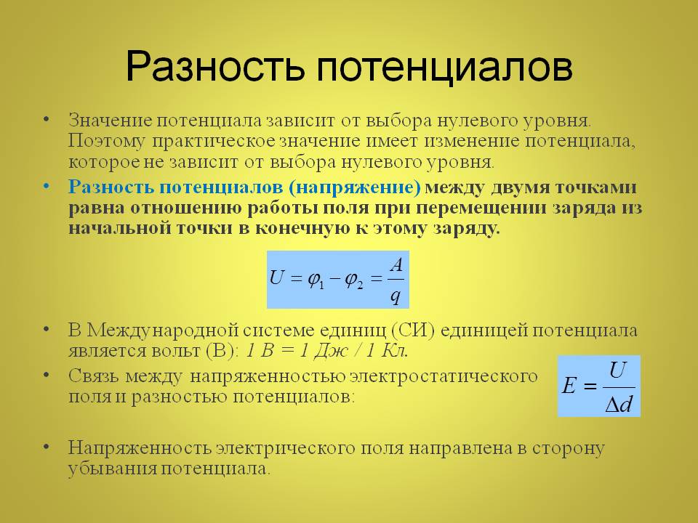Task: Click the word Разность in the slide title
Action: [x=215, y=67]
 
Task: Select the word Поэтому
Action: [x=107, y=142]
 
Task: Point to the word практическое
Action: [x=214, y=142]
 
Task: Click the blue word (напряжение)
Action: [x=355, y=187]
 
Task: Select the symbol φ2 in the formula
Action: [x=354, y=280]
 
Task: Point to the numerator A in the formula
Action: [x=396, y=266]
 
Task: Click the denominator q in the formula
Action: [x=396, y=296]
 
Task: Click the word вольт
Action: [x=176, y=351]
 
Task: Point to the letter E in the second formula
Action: [x=569, y=386]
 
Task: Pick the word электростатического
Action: [x=444, y=377]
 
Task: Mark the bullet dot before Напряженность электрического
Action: [x=47, y=447]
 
